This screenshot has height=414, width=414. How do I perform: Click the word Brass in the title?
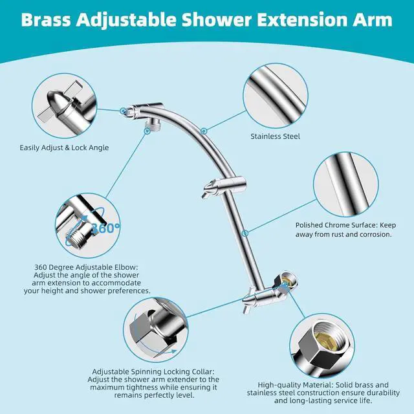pyautogui.click(x=46, y=19)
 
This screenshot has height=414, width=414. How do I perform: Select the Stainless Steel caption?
pyautogui.click(x=275, y=136)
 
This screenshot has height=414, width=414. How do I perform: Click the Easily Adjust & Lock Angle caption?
pyautogui.click(x=64, y=147)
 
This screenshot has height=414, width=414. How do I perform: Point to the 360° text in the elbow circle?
pyautogui.click(x=105, y=228)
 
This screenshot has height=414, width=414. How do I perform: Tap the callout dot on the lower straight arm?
pyautogui.click(x=245, y=233)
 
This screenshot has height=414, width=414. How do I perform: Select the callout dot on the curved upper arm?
pyautogui.click(x=204, y=131)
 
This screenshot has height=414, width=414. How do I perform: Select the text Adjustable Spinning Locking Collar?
pyautogui.click(x=153, y=372)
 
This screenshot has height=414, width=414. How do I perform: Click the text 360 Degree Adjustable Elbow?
pyautogui.click(x=86, y=267)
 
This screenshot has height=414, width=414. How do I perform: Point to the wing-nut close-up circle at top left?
pyautogui.click(x=64, y=105)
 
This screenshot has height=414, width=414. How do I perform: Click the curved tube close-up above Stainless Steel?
pyautogui.click(x=276, y=96)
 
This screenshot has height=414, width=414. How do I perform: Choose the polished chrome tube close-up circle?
pyautogui.click(x=346, y=184)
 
